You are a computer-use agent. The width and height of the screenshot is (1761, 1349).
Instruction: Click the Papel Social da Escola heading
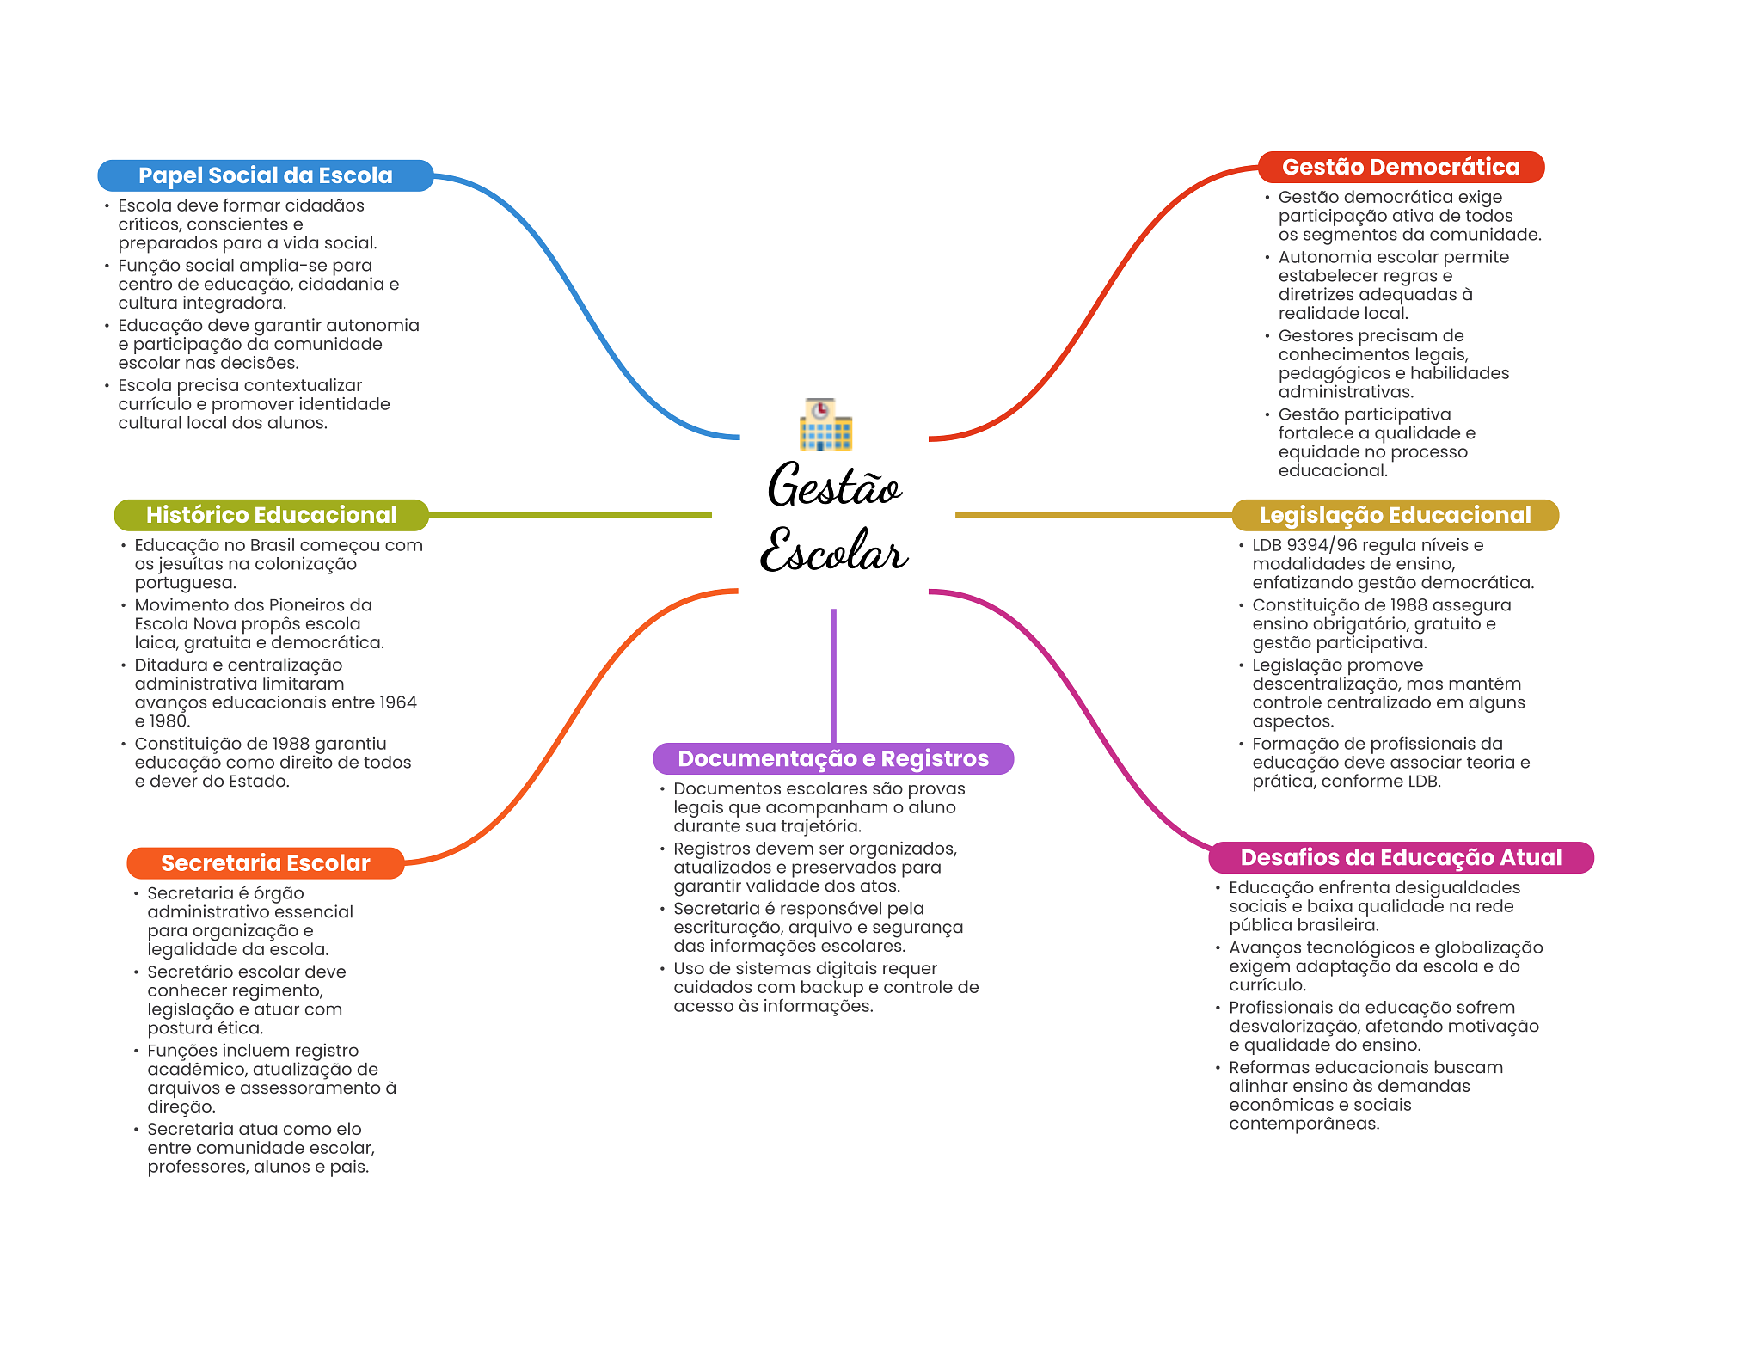tap(265, 175)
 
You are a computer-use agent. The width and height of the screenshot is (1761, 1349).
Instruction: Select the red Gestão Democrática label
tap(1401, 167)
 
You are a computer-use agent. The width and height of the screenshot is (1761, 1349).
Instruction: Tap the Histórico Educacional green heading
tap(271, 515)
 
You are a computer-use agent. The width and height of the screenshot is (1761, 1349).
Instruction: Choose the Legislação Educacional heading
tap(1395, 515)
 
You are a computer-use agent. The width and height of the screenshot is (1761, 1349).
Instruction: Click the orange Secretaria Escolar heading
tap(265, 863)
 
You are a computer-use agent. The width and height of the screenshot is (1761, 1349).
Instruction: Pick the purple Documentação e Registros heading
tap(833, 758)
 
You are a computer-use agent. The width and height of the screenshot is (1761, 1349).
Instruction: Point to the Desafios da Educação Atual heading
tap(1401, 857)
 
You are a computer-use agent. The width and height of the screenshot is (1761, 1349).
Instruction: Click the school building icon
tap(825, 425)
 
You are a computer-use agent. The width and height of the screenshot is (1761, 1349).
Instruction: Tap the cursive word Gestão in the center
tap(834, 487)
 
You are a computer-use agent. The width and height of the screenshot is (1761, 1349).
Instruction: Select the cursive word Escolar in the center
tap(834, 551)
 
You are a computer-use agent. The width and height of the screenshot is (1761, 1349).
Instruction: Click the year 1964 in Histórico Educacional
tap(398, 702)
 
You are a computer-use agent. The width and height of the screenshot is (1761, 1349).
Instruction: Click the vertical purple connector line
tap(833, 675)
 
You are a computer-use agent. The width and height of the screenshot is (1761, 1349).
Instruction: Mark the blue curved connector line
tap(585, 310)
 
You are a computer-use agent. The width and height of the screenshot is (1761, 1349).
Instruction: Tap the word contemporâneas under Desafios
tap(1304, 1124)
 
